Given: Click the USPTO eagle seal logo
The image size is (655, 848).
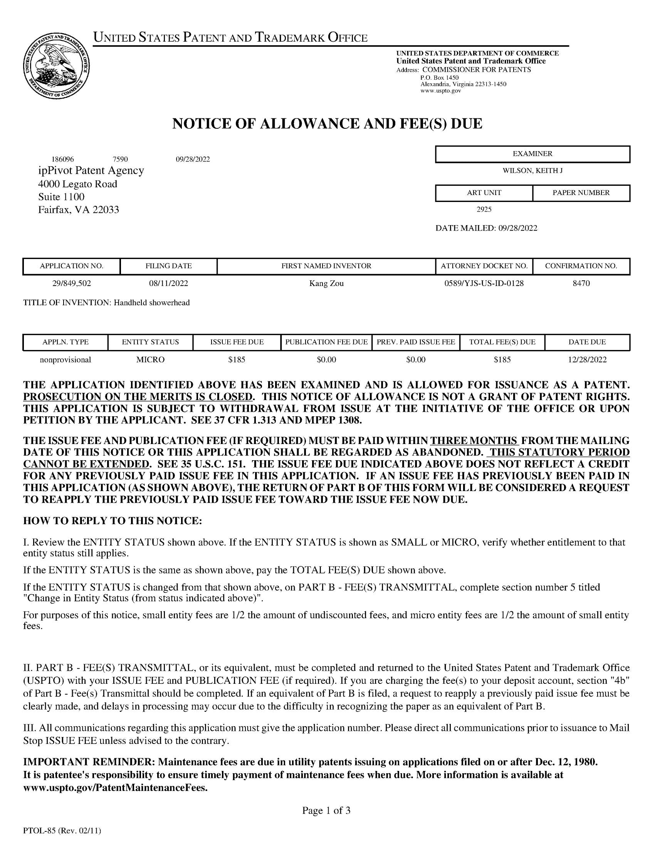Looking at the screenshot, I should [57, 66].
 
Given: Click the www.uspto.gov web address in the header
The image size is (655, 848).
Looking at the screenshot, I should [440, 91].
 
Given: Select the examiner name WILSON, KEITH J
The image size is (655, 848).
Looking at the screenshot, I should [532, 170].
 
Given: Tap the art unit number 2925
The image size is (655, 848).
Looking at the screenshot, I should [484, 210].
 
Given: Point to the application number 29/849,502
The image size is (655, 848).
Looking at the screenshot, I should [71, 283].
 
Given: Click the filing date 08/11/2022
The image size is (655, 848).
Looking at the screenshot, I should [168, 283].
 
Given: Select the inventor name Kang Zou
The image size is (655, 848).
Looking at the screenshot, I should [326, 283].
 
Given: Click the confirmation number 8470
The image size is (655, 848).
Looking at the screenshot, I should [581, 283].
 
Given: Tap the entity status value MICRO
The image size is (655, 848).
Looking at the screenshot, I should [150, 360].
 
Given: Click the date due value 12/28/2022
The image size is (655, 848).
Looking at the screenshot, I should [587, 360].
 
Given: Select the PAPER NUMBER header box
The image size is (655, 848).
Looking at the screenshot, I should [581, 193].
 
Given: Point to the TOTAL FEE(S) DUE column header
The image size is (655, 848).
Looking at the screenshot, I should [502, 342].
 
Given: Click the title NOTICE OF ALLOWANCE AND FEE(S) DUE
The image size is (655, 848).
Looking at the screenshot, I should [327, 124].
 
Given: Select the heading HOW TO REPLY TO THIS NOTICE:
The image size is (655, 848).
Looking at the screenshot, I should [113, 521].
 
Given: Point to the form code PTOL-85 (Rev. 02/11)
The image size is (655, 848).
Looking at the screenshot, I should [62, 831].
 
